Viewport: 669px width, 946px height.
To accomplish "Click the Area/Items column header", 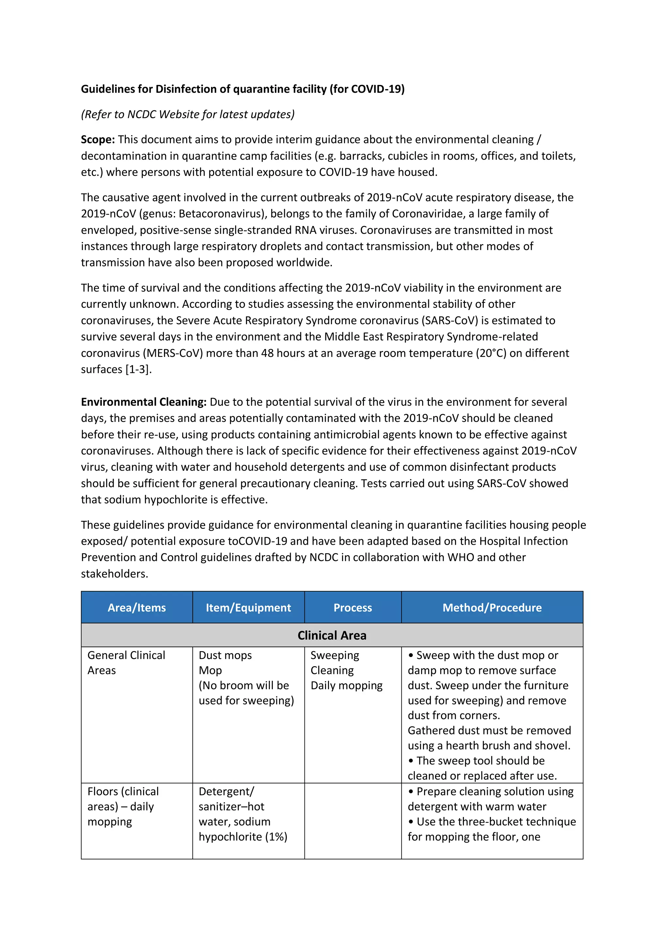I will pyautogui.click(x=137, y=607).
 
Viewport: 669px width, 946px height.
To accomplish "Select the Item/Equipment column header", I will pyautogui.click(x=248, y=607).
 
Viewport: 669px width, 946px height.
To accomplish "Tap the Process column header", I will pyautogui.click(x=352, y=607).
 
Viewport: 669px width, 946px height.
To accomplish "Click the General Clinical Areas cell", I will pyautogui.click(x=126, y=663).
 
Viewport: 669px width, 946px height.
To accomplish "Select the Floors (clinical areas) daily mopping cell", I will pyautogui.click(x=123, y=806).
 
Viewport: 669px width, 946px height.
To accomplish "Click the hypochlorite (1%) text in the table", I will pyautogui.click(x=243, y=837).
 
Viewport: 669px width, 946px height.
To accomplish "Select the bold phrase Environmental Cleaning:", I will pyautogui.click(x=143, y=402).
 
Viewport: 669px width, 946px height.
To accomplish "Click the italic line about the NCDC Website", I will pyautogui.click(x=188, y=114).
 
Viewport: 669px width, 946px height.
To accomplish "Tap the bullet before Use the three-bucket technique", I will pyautogui.click(x=411, y=822).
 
